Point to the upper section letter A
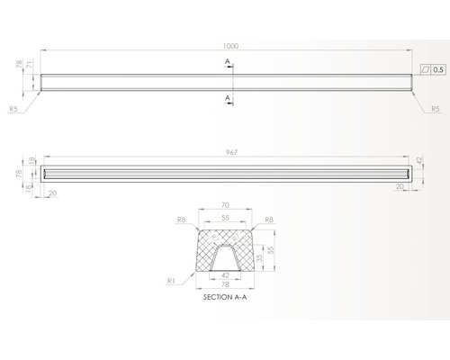tap(229, 61)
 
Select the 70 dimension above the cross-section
tap(224, 206)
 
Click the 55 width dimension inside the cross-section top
tap(224, 219)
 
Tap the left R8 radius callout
tap(182, 219)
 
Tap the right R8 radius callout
tap(267, 219)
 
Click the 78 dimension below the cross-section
tap(224, 285)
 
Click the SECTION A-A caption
tap(224, 297)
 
